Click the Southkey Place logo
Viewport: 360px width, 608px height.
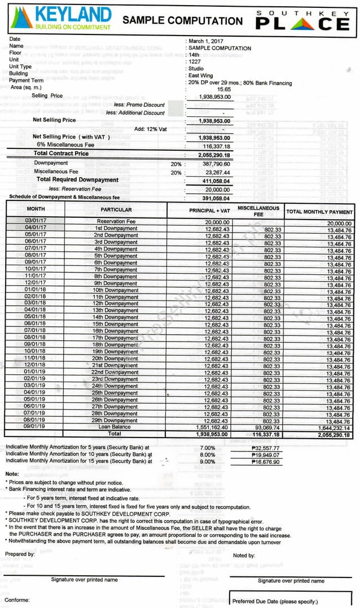[x=302, y=20]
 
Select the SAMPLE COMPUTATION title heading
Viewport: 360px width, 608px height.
[x=182, y=21]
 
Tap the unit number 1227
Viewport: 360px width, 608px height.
[x=195, y=62]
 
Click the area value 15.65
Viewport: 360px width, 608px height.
[x=224, y=89]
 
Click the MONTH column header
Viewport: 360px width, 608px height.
[x=35, y=209]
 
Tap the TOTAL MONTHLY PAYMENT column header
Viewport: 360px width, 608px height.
[x=319, y=212]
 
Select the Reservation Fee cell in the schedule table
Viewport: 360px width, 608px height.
[x=116, y=222]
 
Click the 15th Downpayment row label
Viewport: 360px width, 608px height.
[x=116, y=325]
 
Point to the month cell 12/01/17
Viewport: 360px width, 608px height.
[x=35, y=283]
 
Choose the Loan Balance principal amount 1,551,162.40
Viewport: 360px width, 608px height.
[x=209, y=428]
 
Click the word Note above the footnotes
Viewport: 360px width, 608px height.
[x=12, y=474]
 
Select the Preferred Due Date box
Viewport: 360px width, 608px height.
[x=291, y=600]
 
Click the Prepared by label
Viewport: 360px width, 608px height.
[x=20, y=554]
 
